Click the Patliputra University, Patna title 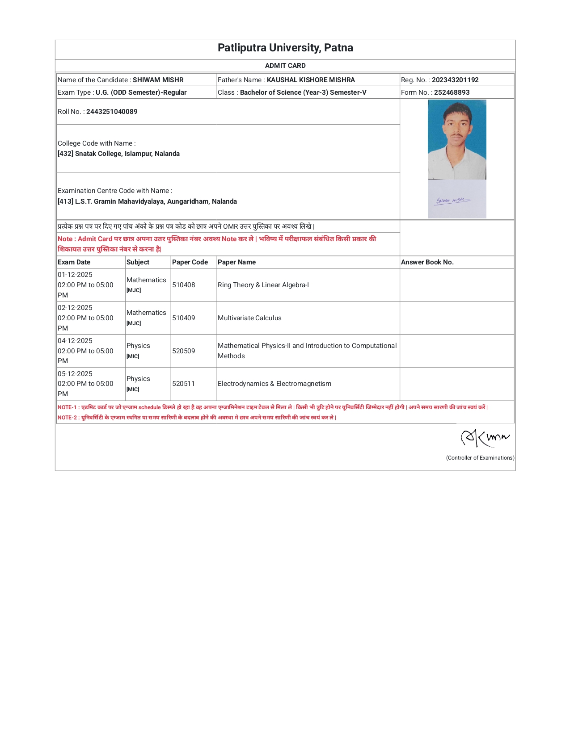click(x=285, y=48)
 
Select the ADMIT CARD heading click(x=285, y=66)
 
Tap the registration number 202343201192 click(x=455, y=80)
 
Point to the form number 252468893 click(x=452, y=92)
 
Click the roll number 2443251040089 click(x=112, y=112)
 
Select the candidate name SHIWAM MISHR click(x=158, y=80)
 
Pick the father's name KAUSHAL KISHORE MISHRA click(x=311, y=80)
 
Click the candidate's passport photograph click(x=457, y=139)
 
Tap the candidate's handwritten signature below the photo click(x=452, y=201)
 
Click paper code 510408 click(x=184, y=285)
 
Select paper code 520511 click(x=184, y=384)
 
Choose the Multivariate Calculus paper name click(x=249, y=318)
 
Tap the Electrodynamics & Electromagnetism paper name click(x=274, y=384)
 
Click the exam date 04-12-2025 click(x=75, y=341)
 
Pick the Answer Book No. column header click(x=427, y=262)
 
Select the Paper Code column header click(x=190, y=262)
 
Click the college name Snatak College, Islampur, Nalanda click(x=127, y=154)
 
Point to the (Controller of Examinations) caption click(x=480, y=458)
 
